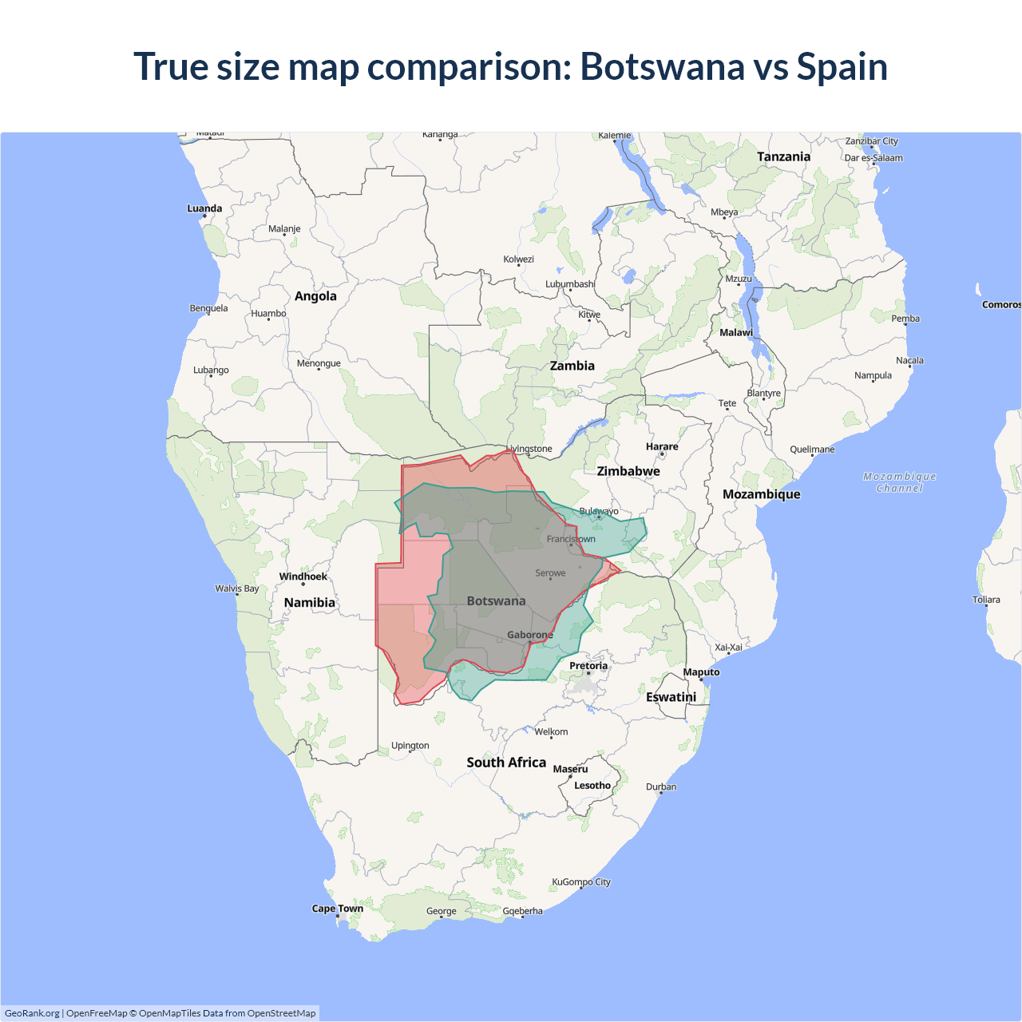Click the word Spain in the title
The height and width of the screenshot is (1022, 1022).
(x=842, y=67)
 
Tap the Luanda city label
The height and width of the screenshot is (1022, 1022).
(x=204, y=209)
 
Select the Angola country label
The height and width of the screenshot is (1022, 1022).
(x=315, y=296)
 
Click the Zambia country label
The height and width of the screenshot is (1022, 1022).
(x=572, y=366)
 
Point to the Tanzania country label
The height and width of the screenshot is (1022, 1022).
(x=783, y=156)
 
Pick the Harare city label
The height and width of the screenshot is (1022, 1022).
(x=662, y=447)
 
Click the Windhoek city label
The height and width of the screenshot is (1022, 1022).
(x=303, y=576)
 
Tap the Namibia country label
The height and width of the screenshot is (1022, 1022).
(x=309, y=603)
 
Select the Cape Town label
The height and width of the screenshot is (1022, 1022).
(x=337, y=909)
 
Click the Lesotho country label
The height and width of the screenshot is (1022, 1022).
(x=592, y=786)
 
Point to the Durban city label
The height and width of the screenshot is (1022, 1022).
(x=661, y=787)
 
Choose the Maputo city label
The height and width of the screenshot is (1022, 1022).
(x=701, y=672)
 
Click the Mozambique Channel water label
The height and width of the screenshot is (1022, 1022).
(x=899, y=482)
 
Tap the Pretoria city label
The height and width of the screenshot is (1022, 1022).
(x=588, y=666)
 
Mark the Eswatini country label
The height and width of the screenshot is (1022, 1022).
(x=671, y=697)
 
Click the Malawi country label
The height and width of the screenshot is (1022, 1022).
(x=736, y=333)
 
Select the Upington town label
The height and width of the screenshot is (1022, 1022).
(x=410, y=746)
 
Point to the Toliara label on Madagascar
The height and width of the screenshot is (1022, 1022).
(x=986, y=600)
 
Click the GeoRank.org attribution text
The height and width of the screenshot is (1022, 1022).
(x=32, y=1013)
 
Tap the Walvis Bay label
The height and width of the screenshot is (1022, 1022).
(x=237, y=588)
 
